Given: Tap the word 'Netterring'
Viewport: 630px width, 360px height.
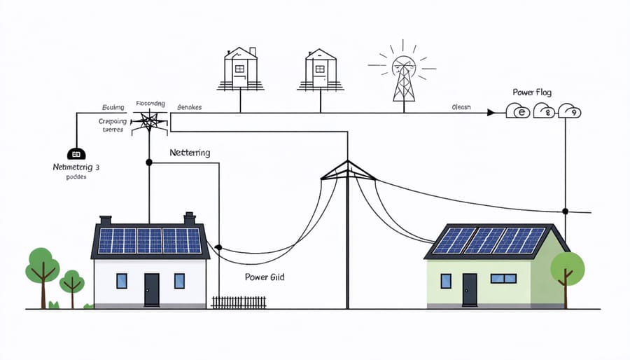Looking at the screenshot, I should point(190,152).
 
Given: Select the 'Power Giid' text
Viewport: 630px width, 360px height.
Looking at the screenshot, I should point(265,277).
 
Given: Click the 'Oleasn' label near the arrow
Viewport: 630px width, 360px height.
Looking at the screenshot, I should point(461,107).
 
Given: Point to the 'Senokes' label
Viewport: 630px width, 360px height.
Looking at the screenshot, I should point(189,107).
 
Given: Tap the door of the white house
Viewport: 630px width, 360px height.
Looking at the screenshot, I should point(151,289).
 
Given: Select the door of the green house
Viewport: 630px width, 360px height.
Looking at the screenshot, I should point(469,289).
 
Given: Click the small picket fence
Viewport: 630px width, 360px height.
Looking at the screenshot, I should point(239,302).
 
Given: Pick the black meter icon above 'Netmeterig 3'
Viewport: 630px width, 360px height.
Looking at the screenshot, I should point(75,153).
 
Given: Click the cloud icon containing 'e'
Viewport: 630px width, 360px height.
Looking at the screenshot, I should point(519,111).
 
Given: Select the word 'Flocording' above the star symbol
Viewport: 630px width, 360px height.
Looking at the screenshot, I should point(151,104).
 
